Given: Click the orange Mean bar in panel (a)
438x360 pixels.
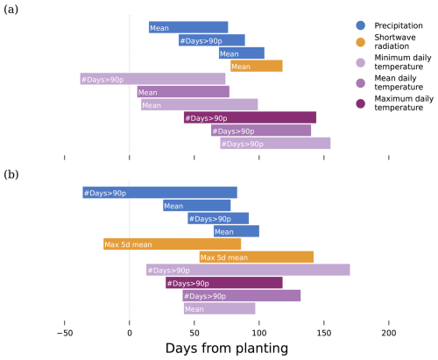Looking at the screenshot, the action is coord(257,66).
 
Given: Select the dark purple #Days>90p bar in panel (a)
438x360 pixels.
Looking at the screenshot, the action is coord(250,117).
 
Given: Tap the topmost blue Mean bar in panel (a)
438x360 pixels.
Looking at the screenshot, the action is coord(188,27).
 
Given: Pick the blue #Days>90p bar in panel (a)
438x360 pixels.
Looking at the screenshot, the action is coord(212,40).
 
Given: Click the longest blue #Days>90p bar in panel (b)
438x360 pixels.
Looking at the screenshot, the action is coord(159,193).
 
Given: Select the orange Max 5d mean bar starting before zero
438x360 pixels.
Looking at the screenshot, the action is coord(173,244).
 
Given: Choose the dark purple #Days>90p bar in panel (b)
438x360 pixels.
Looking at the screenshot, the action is coord(224,283).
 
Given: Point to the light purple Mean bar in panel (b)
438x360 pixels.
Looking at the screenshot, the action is coord(220,308).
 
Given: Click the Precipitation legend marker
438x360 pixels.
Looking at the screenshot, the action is coord(361,25).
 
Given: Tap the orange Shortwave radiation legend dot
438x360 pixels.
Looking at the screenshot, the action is coord(361,42).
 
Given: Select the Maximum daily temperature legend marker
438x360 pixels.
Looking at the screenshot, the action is coord(361,103).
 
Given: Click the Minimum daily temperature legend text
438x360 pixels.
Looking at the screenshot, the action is coord(403,62).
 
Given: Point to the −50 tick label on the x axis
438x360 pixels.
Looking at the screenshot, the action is coord(65,333).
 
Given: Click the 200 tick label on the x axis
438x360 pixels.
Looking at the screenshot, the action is coord(389,333).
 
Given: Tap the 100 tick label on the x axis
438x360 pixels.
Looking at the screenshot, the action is coord(259,333).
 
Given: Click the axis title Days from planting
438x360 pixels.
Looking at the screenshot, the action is coord(227,349).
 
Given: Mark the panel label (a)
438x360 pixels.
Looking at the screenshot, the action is coord(11,10).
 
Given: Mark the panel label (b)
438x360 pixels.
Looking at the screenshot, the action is coord(11,174).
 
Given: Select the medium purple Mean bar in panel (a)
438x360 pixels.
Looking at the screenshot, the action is coord(183,92).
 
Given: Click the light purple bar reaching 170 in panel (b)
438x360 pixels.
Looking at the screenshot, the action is coord(248,270).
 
